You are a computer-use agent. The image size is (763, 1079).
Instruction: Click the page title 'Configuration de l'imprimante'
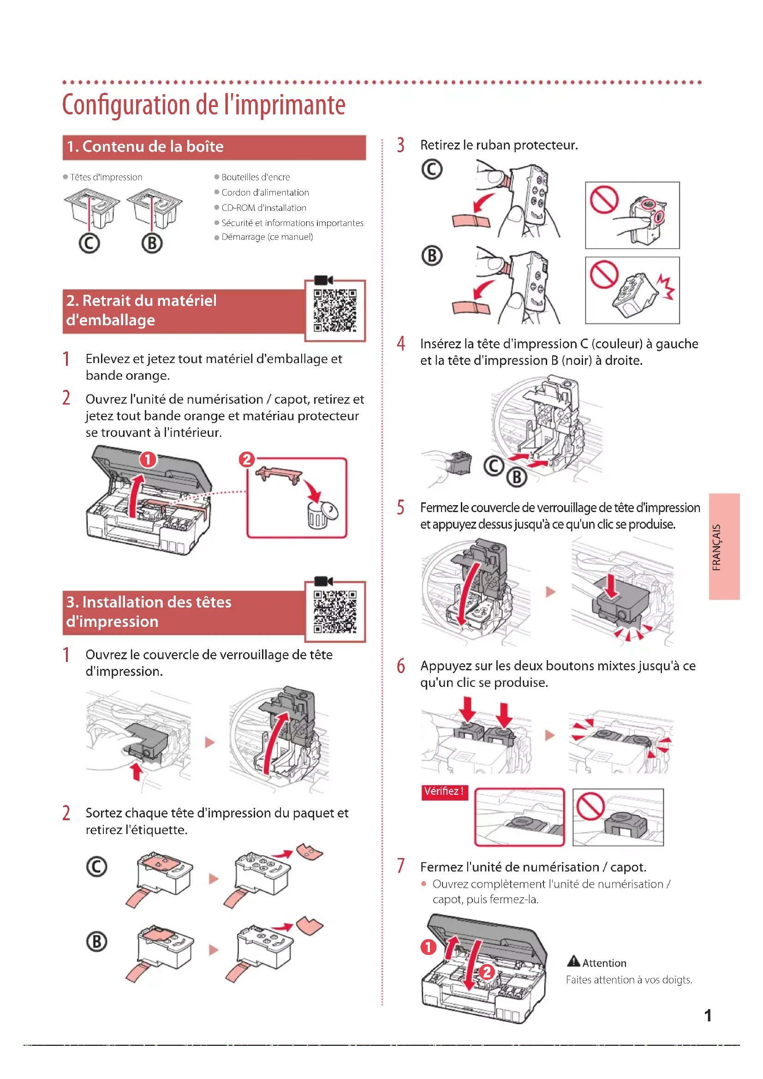[203, 105]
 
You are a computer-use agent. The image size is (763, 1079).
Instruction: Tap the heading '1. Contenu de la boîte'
[145, 147]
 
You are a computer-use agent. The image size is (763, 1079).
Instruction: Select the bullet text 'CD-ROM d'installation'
[263, 208]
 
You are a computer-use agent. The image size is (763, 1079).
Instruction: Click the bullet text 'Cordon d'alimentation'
[265, 192]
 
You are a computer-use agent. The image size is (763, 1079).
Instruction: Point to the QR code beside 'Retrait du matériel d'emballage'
[335, 310]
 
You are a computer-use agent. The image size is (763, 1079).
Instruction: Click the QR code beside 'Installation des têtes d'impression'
[335, 611]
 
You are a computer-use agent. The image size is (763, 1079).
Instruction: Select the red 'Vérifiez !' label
[444, 792]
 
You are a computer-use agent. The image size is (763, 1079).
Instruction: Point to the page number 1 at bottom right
[708, 1015]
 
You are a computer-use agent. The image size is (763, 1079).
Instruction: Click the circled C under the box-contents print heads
[89, 244]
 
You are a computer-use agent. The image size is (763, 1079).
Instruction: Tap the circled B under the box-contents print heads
[152, 244]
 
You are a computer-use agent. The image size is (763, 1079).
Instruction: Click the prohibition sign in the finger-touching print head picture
[604, 199]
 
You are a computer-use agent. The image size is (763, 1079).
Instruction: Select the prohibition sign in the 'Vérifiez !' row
[590, 806]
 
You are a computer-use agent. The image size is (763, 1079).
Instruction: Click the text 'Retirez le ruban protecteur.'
[499, 145]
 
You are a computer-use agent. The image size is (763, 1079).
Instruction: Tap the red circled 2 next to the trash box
[247, 459]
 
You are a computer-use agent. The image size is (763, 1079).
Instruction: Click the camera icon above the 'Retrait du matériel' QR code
[323, 280]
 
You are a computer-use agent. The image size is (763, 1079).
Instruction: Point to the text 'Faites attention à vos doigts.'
[629, 980]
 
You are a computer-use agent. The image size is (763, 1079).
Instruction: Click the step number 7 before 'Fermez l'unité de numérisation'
[401, 865]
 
